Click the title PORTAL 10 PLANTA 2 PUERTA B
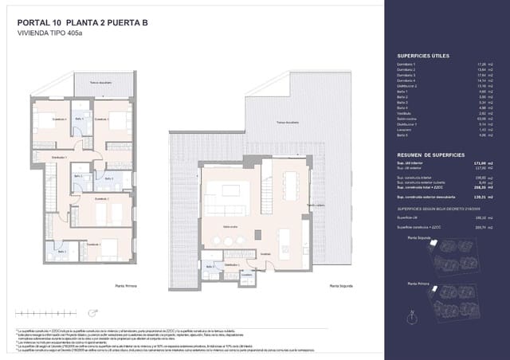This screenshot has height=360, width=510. click(x=88, y=23)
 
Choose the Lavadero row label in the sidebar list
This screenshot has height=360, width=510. click(x=406, y=130)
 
